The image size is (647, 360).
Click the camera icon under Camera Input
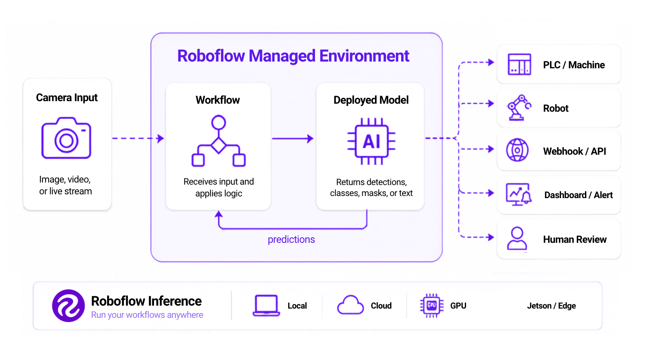[66, 138]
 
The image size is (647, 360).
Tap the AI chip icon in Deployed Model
[371, 141]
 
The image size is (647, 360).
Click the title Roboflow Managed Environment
[293, 56]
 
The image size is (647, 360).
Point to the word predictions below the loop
[291, 239]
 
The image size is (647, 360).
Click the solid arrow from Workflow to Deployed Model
[293, 139]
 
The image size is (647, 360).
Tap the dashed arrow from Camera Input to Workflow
[138, 138]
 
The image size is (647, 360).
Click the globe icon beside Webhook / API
[518, 150]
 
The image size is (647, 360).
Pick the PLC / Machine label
[574, 65]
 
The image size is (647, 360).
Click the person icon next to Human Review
[517, 239]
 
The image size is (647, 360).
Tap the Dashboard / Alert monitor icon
[519, 194]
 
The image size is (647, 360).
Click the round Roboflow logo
[68, 306]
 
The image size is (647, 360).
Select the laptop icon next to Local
[266, 306]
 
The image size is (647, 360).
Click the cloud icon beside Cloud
[350, 305]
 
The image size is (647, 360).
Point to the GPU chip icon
[431, 306]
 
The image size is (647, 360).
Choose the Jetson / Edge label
[551, 306]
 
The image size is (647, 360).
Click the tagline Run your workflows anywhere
[147, 315]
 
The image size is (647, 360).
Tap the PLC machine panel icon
[519, 64]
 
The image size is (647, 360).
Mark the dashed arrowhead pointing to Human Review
[490, 237]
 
